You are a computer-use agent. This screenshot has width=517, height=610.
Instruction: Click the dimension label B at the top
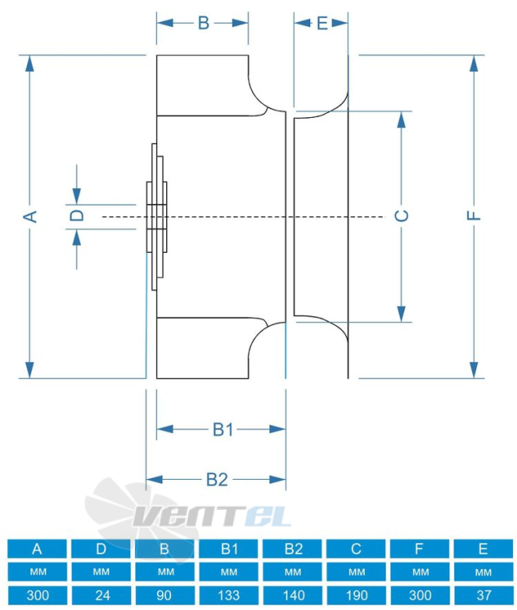point(204,23)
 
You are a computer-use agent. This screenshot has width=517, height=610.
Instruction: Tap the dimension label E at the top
point(322,24)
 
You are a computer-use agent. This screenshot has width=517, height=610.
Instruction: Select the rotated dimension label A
point(30,216)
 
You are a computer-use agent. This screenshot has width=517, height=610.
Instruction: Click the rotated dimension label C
point(401,216)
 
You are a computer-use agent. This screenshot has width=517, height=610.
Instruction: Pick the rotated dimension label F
point(474,216)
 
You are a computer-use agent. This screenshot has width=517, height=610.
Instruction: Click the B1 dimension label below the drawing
point(223,429)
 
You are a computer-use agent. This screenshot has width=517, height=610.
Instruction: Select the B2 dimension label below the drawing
point(217,479)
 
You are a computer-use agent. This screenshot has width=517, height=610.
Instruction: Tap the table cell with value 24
point(101,595)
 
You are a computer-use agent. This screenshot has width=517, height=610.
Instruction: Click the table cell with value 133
point(229,595)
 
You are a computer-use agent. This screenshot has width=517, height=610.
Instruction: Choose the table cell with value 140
point(293,595)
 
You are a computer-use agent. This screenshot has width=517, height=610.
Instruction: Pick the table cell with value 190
point(357,595)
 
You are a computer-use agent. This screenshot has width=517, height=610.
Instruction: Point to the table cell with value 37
point(484,595)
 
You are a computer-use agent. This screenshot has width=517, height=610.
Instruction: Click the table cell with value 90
point(165,595)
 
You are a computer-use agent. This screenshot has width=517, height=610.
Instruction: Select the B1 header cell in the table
point(229,548)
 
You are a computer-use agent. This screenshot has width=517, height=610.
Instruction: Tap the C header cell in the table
point(357,548)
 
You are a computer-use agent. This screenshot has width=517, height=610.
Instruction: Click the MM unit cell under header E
point(484,572)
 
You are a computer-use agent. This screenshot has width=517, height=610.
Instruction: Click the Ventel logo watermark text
point(212,516)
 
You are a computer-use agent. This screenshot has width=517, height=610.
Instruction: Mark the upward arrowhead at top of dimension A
point(29,63)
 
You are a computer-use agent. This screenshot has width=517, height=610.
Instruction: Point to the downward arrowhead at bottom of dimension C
point(401,314)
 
